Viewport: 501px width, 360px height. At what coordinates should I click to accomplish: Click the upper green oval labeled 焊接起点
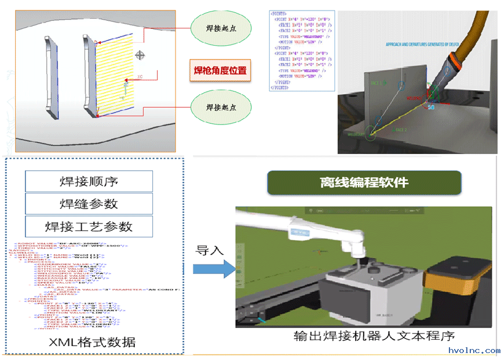[221, 28]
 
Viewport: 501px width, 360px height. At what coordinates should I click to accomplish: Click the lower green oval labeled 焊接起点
[221, 108]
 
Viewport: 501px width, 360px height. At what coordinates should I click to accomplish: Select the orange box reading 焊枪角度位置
[220, 71]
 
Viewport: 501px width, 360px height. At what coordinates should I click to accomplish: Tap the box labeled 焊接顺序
[89, 182]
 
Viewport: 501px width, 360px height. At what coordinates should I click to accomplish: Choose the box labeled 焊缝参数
[89, 204]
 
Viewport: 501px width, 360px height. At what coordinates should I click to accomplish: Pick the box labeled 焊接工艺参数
[89, 226]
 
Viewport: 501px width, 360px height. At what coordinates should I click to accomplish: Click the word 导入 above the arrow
[209, 250]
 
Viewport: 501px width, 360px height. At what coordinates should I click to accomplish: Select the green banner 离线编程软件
[364, 183]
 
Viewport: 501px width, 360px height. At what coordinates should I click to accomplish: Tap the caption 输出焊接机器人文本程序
[374, 336]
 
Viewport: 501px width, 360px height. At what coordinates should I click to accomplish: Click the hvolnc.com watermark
[474, 351]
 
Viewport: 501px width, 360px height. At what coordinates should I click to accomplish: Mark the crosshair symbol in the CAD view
[139, 55]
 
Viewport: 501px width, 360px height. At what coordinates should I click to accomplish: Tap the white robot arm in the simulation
[324, 232]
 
